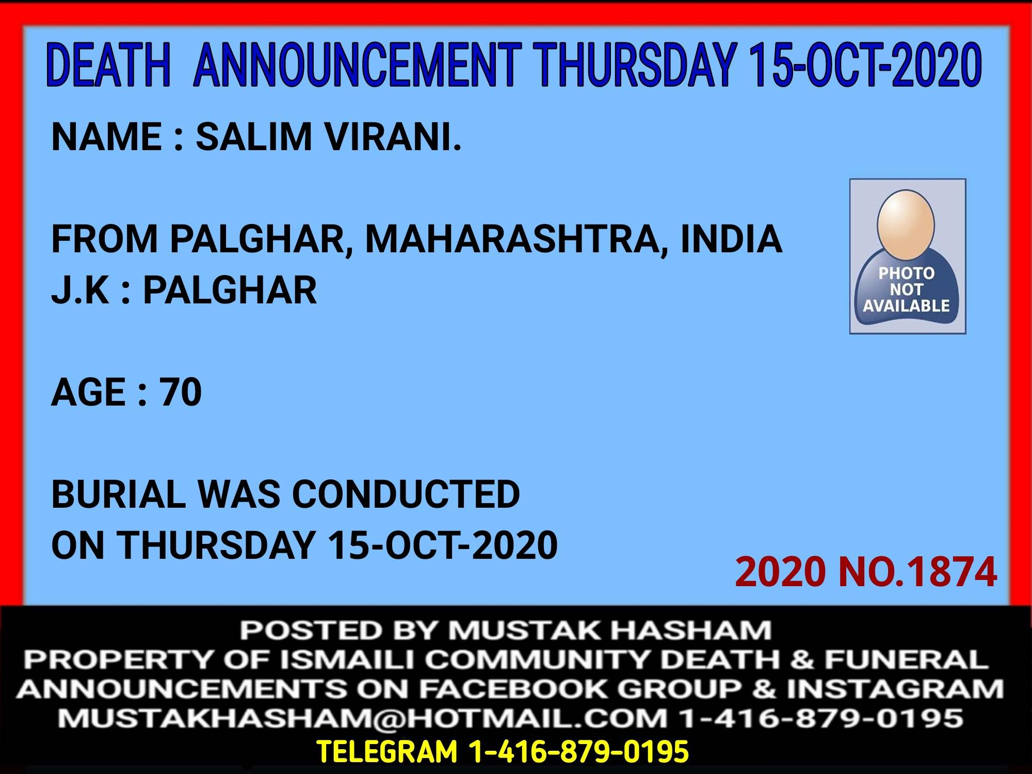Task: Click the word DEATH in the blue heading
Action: pos(108,65)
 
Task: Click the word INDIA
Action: pos(731,239)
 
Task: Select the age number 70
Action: pos(180,392)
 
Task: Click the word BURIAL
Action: pos(119,494)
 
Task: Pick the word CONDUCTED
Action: pos(406,494)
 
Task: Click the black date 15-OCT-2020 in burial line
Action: pos(443,545)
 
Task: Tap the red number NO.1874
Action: pos(917,572)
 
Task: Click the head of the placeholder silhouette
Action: pos(906,219)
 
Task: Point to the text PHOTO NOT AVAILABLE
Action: pos(907,289)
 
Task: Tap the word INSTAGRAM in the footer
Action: pos(895,689)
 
